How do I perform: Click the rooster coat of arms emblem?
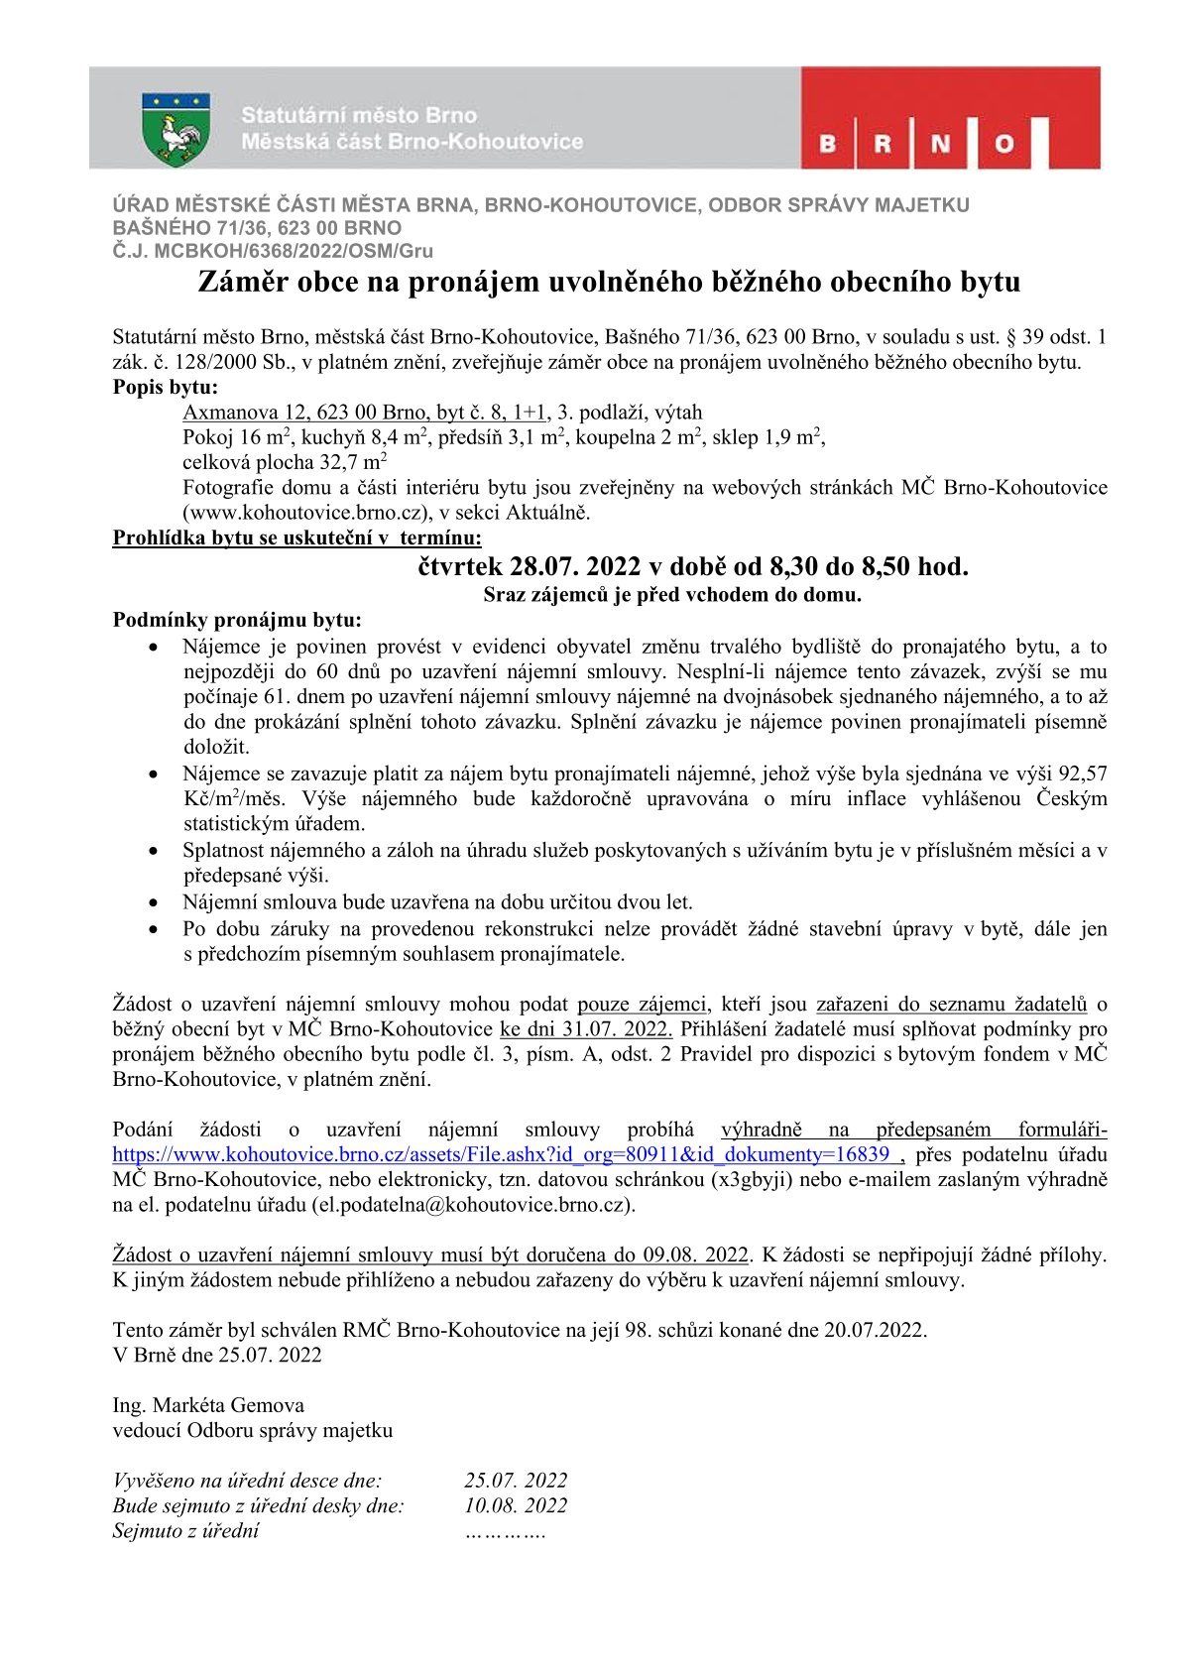176,129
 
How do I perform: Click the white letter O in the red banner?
1003,145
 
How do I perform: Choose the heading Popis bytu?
166,388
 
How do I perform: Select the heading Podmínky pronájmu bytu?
238,621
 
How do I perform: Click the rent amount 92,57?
1083,774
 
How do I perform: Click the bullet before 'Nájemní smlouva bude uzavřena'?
153,903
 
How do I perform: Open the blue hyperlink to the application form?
501,1154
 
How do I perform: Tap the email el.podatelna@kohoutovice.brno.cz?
473,1205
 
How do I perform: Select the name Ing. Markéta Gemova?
208,1405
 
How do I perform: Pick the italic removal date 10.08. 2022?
516,1505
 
